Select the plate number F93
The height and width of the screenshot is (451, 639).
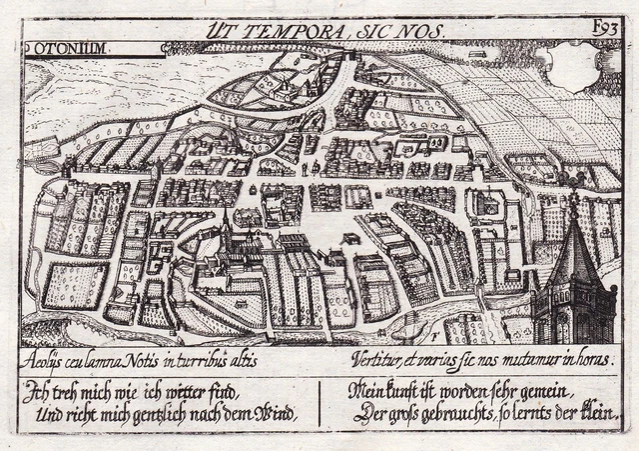[605, 30]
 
